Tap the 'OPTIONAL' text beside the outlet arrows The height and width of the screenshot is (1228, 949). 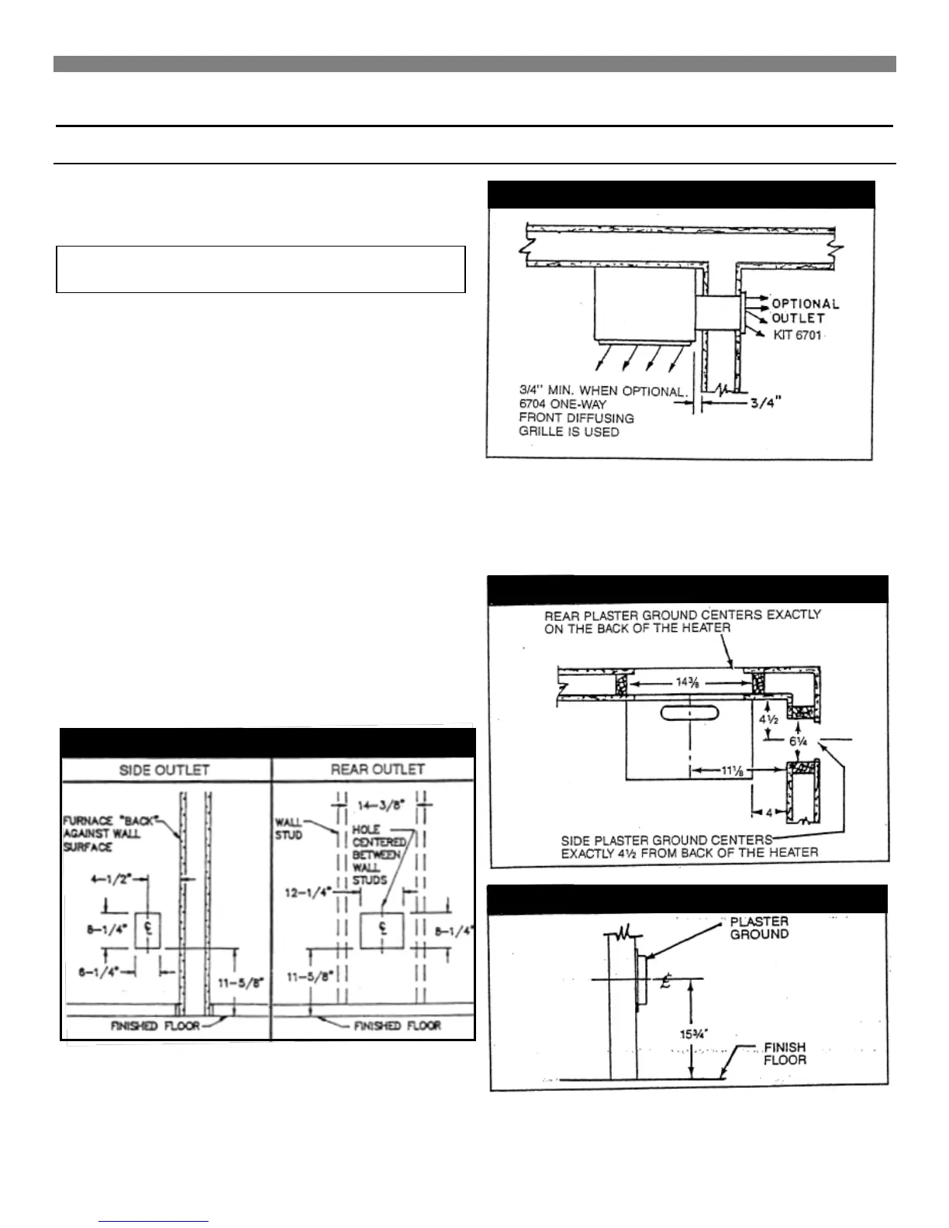806,304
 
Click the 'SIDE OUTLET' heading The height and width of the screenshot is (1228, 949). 164,769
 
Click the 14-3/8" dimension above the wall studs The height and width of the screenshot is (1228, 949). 380,805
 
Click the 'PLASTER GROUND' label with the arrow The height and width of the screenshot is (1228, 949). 759,927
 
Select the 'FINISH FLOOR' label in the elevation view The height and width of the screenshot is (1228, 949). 785,1054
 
